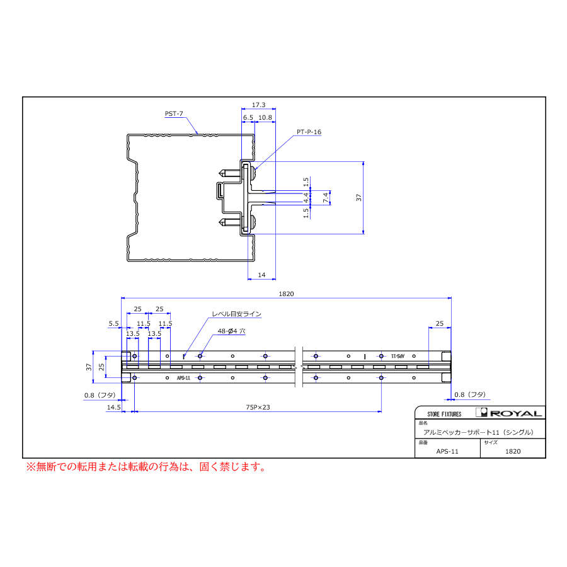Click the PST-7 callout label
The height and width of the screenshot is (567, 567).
point(174,114)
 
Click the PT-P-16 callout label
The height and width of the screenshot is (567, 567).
point(309,132)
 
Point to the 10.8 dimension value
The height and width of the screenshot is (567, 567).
point(265,117)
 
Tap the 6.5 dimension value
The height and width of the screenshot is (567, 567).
point(248,117)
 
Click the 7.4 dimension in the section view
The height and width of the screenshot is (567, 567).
point(326,197)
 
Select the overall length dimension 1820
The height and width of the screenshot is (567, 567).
point(287,294)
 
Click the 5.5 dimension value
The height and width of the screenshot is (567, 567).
point(113,323)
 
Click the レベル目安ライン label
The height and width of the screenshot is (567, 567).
point(236,313)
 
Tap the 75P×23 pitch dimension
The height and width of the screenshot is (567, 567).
point(258,408)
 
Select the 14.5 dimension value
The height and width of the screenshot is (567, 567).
point(113,408)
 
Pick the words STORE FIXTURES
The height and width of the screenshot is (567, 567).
point(444,414)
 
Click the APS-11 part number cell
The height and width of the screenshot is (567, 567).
point(447,451)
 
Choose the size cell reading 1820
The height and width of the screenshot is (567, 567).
point(513,451)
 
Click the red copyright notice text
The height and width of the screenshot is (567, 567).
point(145,467)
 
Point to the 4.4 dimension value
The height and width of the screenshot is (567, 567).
point(306,197)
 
